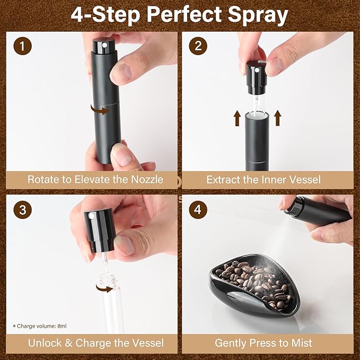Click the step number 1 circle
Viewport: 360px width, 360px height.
point(22,46)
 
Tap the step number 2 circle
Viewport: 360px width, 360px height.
point(198,46)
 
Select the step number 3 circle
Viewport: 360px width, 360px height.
point(22,209)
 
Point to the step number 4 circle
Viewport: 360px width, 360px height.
point(198,209)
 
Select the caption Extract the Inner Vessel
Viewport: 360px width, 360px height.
point(264,179)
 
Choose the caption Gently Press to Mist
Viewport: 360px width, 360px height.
point(264,343)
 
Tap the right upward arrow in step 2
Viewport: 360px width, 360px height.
point(277,118)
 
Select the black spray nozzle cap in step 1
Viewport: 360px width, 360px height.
point(102,47)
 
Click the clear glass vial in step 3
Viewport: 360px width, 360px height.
point(114,300)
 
